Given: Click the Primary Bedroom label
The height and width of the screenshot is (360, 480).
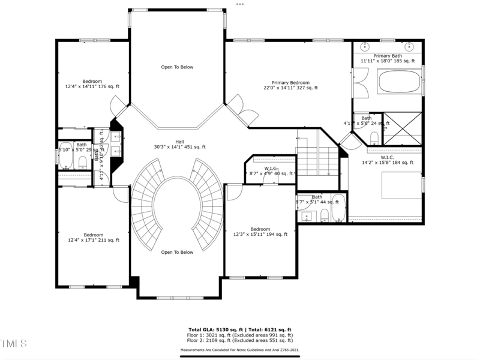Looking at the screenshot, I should [x=290, y=83].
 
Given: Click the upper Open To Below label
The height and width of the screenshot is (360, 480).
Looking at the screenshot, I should [x=177, y=67].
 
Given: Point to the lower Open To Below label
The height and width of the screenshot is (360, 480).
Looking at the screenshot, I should [x=177, y=252].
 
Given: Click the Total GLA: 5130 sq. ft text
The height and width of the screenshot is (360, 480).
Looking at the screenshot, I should [x=214, y=330].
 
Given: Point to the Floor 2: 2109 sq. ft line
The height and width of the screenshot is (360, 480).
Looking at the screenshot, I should [x=239, y=341].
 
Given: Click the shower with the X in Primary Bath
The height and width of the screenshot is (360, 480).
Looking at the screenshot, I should [x=403, y=129].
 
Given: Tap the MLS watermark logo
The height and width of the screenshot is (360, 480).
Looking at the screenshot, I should [x=13, y=343].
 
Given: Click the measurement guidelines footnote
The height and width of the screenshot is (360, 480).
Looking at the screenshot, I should [x=239, y=349].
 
